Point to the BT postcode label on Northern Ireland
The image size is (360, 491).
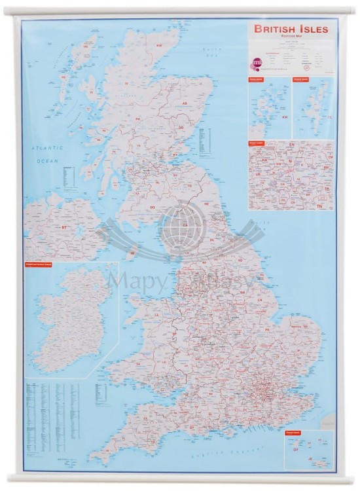click(64, 227)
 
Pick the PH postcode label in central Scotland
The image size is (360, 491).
click(138, 119)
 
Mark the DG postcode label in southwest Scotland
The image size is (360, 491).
click(152, 208)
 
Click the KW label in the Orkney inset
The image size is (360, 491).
click(285, 117)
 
